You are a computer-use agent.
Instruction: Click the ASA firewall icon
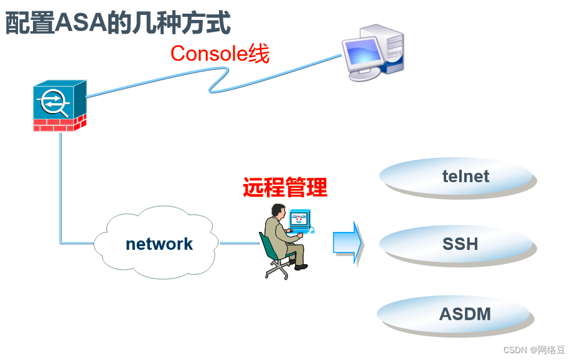tap(60, 106)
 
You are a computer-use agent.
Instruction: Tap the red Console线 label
tap(220, 53)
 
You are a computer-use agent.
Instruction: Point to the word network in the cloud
tap(159, 244)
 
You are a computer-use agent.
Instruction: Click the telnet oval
tap(457, 177)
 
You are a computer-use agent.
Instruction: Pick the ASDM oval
tap(455, 315)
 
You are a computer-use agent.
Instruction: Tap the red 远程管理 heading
tap(285, 187)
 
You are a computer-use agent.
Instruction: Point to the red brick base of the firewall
tap(60, 124)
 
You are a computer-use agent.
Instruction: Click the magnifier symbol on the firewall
tap(54, 102)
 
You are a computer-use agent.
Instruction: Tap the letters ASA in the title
tap(80, 23)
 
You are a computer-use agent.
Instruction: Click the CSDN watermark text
tap(534, 350)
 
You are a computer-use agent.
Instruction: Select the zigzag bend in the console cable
tap(219, 79)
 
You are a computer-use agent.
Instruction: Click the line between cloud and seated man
tap(240, 243)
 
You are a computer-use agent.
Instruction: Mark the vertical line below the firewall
tap(60, 187)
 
